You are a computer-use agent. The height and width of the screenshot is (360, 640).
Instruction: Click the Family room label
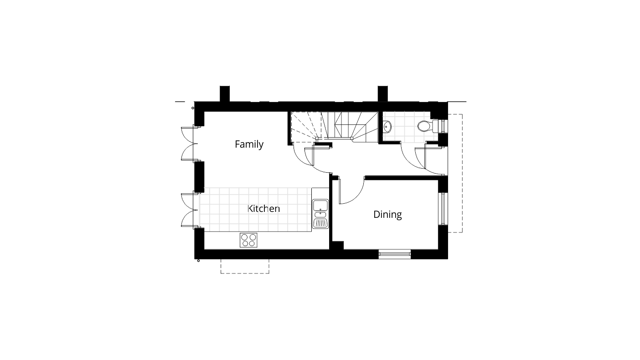(249, 144)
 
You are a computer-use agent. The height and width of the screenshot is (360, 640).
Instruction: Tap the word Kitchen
(263, 209)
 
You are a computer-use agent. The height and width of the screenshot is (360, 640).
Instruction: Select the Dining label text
(387, 214)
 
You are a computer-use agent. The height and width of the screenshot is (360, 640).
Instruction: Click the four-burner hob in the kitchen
(248, 240)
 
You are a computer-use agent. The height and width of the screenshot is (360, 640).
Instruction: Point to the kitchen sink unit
(320, 214)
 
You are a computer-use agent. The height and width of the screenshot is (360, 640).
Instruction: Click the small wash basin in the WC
(387, 126)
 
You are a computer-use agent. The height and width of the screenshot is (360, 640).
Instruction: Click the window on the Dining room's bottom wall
(395, 254)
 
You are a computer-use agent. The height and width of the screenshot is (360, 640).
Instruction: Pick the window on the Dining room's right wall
(442, 209)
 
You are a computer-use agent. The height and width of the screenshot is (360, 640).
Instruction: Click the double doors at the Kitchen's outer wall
(189, 210)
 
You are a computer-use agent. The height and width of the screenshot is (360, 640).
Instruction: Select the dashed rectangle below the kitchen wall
(245, 267)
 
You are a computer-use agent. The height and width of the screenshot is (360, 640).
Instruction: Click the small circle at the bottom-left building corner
(198, 261)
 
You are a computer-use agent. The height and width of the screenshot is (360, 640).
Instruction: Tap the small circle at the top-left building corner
(193, 108)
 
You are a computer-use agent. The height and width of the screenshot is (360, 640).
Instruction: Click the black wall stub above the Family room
(225, 93)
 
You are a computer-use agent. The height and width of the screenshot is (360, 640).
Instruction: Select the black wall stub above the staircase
(382, 93)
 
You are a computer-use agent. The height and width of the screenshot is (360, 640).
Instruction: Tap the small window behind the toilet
(443, 126)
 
